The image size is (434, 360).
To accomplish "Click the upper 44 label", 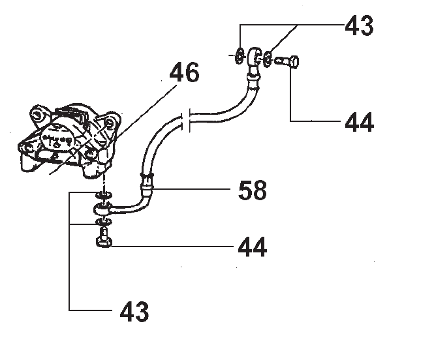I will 358,122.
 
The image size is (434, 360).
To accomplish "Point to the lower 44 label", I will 251,247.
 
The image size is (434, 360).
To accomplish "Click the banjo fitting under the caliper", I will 103,209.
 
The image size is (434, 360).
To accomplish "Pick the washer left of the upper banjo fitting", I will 240,55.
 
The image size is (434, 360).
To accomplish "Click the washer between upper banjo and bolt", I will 270,60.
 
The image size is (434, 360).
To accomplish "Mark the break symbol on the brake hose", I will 186,121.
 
